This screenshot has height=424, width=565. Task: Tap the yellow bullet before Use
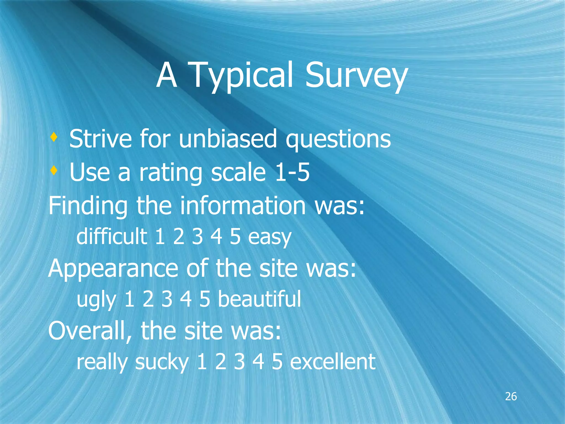[54, 170]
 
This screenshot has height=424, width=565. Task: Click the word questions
[338, 140]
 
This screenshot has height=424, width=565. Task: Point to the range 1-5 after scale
[292, 173]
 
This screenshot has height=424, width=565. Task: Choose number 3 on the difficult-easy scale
[198, 237]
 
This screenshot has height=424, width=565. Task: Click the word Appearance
[113, 269]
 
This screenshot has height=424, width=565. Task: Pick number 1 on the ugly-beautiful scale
[129, 300]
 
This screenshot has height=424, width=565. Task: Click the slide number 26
[511, 397]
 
